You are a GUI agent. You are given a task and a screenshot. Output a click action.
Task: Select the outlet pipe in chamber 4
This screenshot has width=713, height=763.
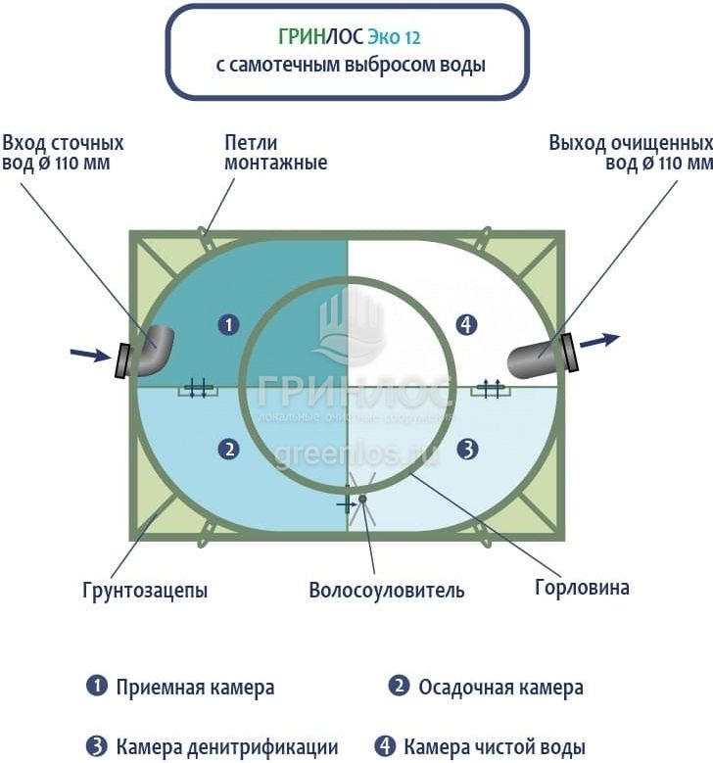coord(535,358)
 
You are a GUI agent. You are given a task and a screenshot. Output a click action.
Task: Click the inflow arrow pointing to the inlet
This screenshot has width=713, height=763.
coord(90,354)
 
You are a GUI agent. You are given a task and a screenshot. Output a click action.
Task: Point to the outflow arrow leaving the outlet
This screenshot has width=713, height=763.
coord(599,341)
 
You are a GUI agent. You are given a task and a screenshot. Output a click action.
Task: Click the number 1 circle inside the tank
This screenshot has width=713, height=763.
coord(228,324)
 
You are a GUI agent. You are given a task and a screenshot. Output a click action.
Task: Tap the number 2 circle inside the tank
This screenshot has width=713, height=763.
coord(228,450)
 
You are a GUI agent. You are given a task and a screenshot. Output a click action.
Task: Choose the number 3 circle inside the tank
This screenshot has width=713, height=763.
coord(467,450)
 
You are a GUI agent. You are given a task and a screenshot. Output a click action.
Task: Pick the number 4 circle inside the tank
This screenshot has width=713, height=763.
coord(467,324)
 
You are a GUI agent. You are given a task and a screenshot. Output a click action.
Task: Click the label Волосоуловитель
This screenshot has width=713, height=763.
coord(386,591)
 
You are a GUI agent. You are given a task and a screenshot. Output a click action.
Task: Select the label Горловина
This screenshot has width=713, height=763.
coord(582,588)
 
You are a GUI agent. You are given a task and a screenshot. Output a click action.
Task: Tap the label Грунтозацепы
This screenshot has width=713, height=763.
coord(145,591)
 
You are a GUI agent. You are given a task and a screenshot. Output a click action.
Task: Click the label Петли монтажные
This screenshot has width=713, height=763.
coord(275,153)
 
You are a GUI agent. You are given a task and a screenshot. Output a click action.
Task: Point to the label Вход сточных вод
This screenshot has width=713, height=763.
coord(63,153)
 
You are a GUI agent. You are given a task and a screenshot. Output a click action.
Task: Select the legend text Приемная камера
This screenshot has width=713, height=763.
coord(195,688)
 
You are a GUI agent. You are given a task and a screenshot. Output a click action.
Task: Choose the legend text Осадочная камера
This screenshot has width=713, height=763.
coord(500,688)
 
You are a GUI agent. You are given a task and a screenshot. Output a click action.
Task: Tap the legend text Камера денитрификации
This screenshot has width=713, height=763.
coord(227,746)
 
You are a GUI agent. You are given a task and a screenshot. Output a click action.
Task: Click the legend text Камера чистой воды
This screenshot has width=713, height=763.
coord(495,746)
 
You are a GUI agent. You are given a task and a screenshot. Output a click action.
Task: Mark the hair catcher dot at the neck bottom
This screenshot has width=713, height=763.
coord(361,500)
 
